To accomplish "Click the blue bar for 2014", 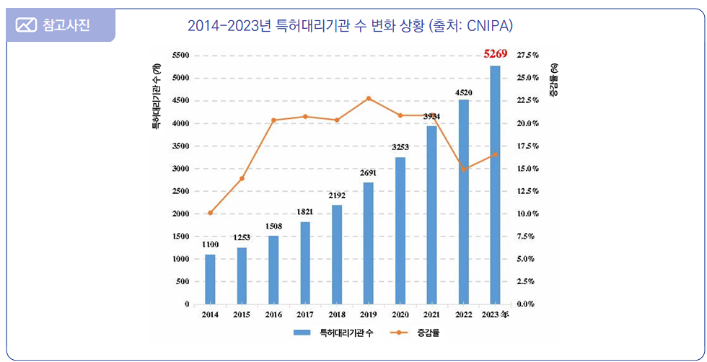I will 210,279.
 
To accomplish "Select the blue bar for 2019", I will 368,243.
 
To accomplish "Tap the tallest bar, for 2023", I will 495,185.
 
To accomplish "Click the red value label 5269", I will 496,53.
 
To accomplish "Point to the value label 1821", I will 305,212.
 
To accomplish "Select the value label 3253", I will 400,147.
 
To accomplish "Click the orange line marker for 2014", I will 210,213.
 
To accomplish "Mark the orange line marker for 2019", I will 368,98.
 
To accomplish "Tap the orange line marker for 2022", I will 464,169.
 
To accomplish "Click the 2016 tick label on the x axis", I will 273,314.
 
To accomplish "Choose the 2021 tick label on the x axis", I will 431,314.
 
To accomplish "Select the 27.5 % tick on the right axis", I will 528,56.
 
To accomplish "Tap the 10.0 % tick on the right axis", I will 528,214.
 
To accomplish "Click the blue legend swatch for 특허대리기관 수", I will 301,333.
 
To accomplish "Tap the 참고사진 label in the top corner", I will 65,26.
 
